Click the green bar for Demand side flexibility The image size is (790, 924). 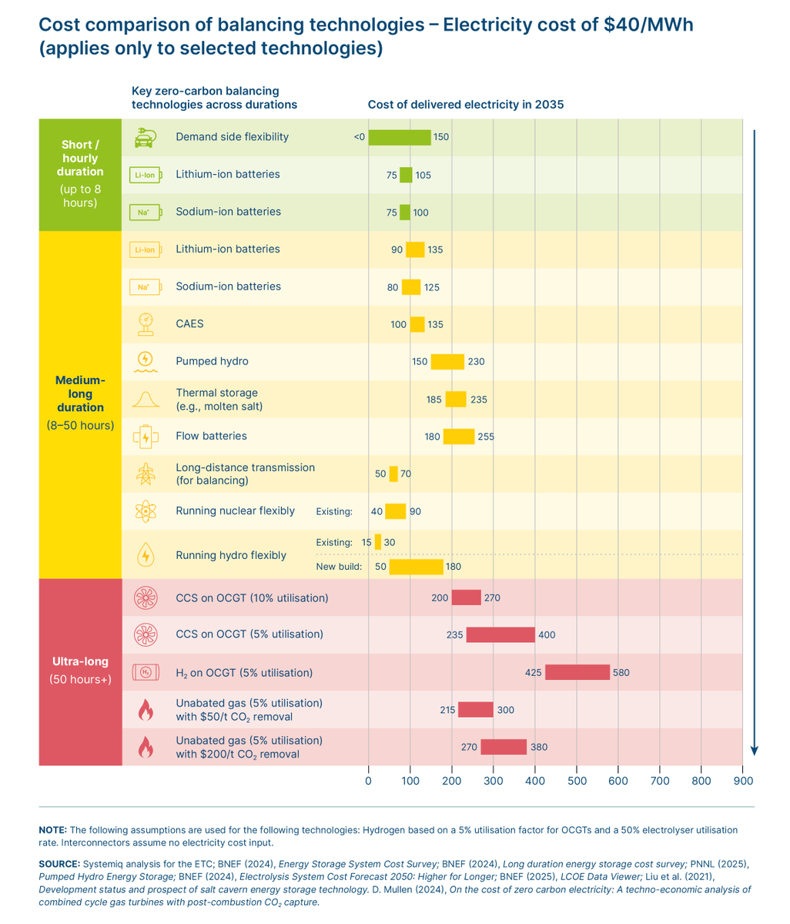[400, 137]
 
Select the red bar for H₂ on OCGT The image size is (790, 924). [577, 672]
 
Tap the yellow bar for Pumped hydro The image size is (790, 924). [447, 361]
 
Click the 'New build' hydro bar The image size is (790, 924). [416, 567]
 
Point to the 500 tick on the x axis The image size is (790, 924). [577, 781]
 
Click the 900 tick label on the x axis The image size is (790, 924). [742, 781]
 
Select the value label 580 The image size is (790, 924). [621, 672]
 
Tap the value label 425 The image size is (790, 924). [534, 672]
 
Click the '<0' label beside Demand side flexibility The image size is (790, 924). [360, 137]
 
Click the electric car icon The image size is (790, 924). [145, 138]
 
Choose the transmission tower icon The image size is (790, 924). [145, 474]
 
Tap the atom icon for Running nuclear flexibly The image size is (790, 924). [145, 511]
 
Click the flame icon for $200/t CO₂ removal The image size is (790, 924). [145, 747]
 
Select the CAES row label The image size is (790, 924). [189, 324]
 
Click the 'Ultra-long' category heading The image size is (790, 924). [80, 661]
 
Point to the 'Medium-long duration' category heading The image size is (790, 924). [80, 393]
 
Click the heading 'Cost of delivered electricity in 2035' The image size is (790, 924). [466, 105]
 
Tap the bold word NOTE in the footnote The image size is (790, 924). [52, 829]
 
